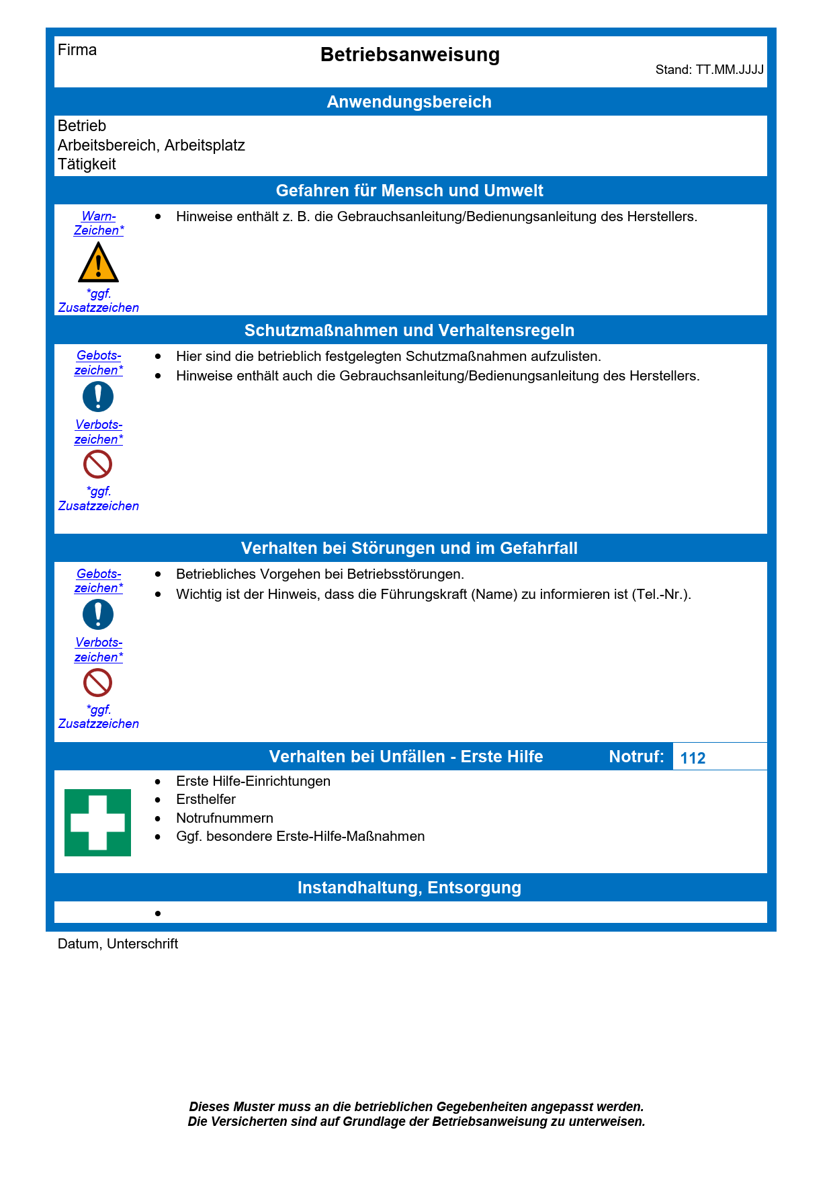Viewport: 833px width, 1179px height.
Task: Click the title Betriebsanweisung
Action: click(410, 55)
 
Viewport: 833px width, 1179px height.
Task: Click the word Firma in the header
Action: click(77, 50)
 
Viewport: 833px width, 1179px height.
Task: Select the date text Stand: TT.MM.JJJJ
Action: click(709, 70)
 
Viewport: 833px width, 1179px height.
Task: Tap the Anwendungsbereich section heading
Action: click(409, 102)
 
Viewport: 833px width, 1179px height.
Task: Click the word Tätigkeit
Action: click(87, 165)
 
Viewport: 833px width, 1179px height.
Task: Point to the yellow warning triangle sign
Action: click(98, 263)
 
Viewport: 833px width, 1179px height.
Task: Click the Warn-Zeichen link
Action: click(99, 223)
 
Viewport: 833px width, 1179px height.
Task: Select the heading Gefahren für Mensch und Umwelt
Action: click(409, 191)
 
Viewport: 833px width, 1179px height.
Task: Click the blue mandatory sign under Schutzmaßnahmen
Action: click(98, 397)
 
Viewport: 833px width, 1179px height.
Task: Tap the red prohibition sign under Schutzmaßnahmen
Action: click(98, 464)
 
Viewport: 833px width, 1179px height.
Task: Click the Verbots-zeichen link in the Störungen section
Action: click(99, 650)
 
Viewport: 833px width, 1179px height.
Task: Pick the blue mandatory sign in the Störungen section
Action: click(98, 614)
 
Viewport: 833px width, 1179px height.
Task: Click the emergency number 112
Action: click(693, 758)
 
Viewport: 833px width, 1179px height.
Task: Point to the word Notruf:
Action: click(636, 757)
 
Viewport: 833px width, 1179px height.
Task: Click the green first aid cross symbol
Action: click(98, 823)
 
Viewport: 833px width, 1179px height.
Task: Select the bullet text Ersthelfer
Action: click(206, 799)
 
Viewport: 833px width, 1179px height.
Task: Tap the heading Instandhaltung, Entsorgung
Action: click(409, 888)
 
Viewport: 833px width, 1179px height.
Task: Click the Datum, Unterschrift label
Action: click(118, 944)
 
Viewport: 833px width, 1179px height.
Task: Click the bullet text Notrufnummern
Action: click(224, 818)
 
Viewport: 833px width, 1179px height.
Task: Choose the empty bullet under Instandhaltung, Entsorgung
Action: click(159, 913)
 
